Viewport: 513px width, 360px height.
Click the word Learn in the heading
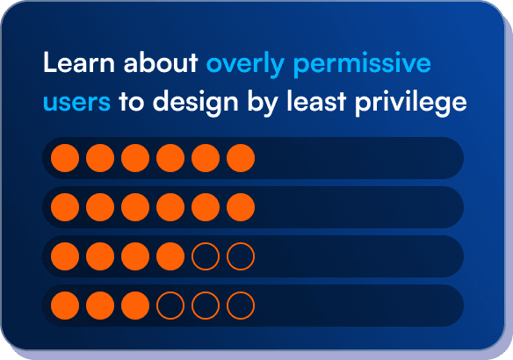[70, 64]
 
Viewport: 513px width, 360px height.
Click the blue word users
[76, 103]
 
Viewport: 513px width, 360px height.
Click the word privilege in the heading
[421, 104]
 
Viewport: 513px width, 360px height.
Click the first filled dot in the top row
[65, 158]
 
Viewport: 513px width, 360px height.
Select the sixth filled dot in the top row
[241, 158]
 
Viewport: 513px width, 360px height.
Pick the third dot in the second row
[135, 207]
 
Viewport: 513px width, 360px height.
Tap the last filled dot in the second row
[241, 207]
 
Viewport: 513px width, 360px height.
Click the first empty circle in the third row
[206, 256]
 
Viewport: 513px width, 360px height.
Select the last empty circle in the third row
[241, 256]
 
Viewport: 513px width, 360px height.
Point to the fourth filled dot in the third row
[170, 256]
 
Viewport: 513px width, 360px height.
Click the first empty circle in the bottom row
[170, 306]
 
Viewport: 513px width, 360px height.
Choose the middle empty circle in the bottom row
[206, 306]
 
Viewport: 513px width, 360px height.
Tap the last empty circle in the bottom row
[241, 306]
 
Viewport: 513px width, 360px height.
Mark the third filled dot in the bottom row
[135, 306]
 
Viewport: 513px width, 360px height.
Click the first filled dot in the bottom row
[65, 306]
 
